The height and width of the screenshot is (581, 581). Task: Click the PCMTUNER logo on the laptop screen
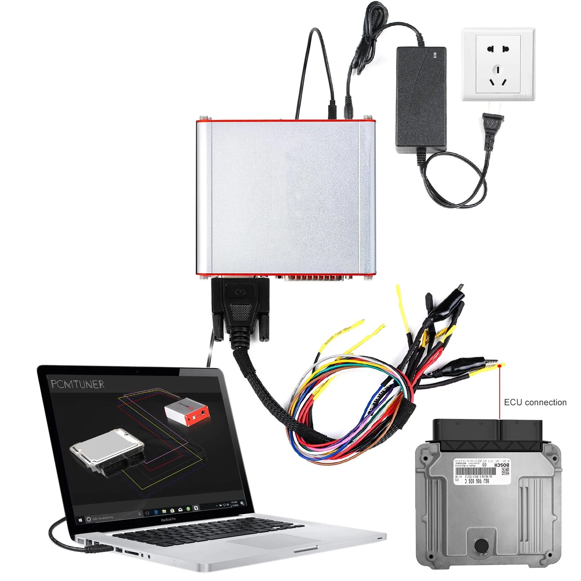77,384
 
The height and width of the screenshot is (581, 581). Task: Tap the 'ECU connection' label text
535,402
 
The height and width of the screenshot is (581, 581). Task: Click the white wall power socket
498,64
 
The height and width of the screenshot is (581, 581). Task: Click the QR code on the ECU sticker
505,471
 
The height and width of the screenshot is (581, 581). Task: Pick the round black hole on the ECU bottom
482,545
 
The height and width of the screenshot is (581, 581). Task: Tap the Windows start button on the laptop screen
80,520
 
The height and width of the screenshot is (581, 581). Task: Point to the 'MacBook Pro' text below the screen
168,520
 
